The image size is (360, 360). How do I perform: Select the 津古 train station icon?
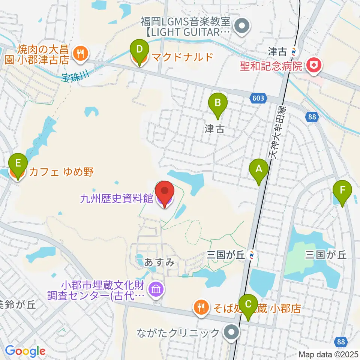pos(295,50)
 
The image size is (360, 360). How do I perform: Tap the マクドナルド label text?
pos(177,57)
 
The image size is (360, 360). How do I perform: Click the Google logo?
pos(25,351)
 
